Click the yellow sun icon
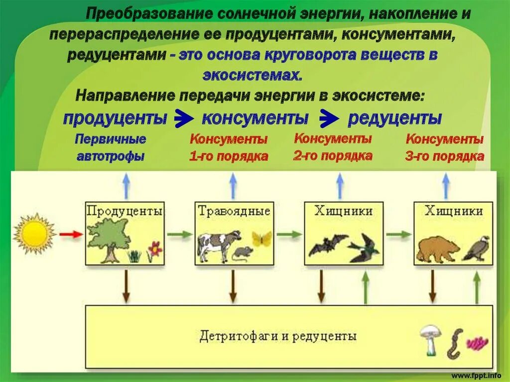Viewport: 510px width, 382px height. coord(34,234)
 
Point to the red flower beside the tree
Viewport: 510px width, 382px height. coord(155,249)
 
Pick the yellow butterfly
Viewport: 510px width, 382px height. coord(262,238)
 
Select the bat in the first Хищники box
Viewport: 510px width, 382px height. coord(327,244)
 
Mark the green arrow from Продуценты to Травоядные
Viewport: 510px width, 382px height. coord(179,234)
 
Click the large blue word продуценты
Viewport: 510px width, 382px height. coord(115,119)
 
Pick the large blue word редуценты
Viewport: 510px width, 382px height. coord(394,119)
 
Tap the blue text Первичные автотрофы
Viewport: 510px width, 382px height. coord(111,147)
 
